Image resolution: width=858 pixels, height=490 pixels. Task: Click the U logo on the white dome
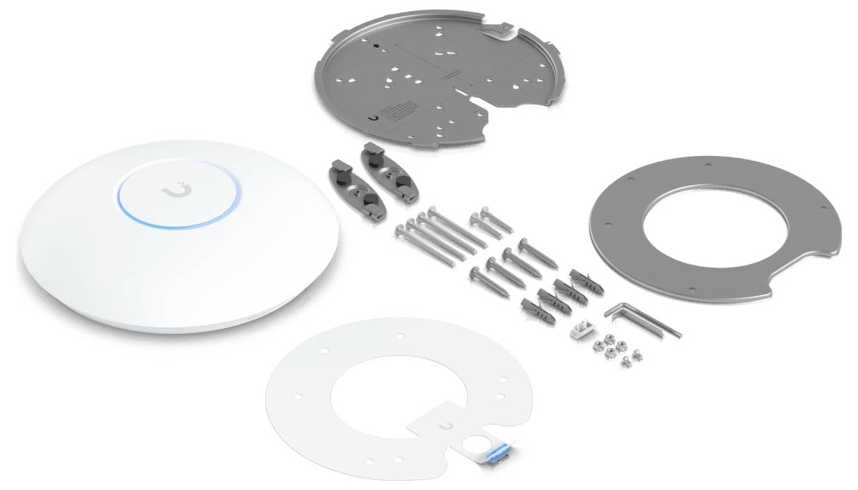pyautogui.click(x=174, y=191)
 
